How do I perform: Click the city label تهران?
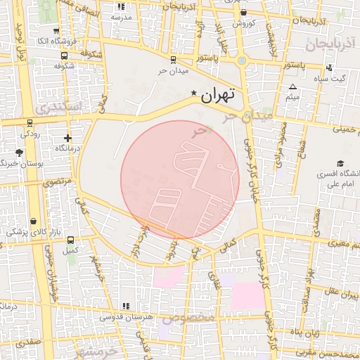click(219, 96)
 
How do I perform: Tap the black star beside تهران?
click(194, 93)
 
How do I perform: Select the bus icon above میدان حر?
click(174, 60)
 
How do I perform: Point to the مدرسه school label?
click(113, 16)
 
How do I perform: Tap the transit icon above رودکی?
click(28, 121)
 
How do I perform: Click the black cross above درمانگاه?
click(67, 138)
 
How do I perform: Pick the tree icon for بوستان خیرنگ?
click(19, 153)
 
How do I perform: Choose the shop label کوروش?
click(243, 23)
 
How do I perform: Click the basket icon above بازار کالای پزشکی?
click(33, 221)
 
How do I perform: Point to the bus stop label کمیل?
click(70, 250)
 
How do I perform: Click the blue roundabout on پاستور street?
click(242, 60)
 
